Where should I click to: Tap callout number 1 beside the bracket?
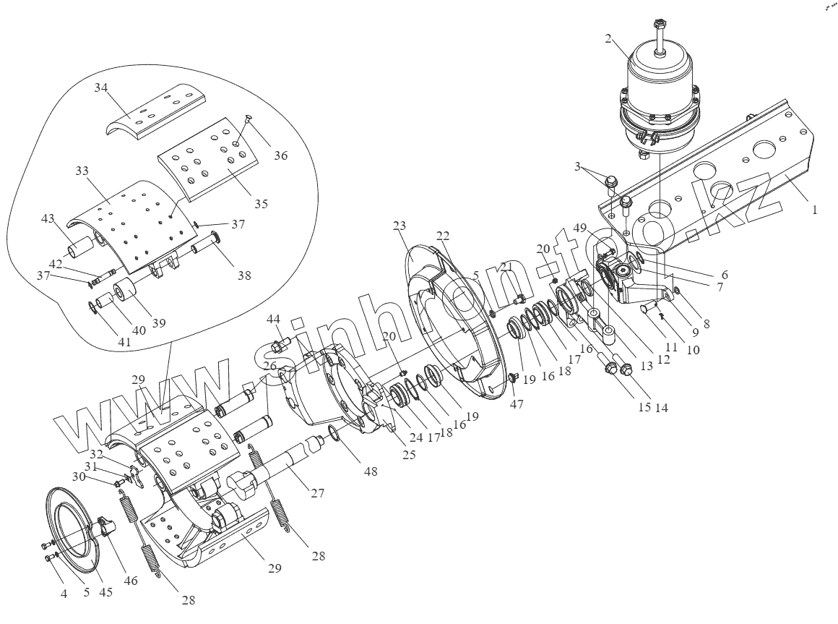[x=814, y=210]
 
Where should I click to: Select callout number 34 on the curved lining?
[x=100, y=88]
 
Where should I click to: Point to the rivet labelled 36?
[x=249, y=119]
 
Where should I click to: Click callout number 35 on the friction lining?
[x=262, y=204]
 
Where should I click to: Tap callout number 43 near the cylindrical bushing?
[x=48, y=218]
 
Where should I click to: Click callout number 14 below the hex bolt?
[x=660, y=407]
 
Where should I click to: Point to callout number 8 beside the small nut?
[x=706, y=325]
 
